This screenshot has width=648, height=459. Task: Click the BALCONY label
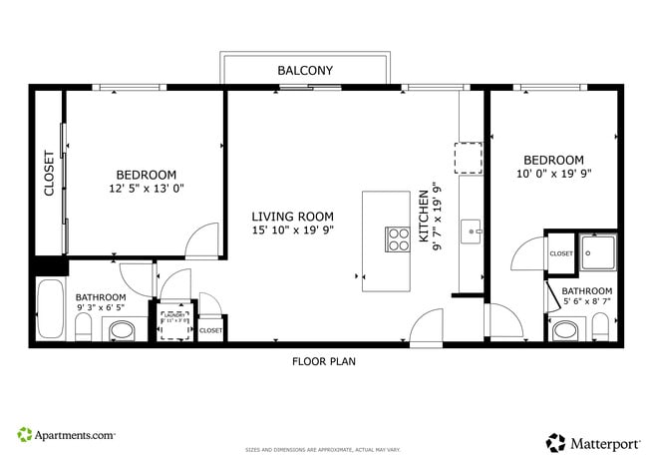[305, 70]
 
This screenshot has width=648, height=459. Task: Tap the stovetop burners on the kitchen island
[398, 239]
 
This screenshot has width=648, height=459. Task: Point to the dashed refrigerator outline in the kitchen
[469, 159]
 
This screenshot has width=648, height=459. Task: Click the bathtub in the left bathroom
[51, 309]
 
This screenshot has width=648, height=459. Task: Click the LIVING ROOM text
[292, 217]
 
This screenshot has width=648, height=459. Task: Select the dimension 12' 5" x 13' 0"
[147, 188]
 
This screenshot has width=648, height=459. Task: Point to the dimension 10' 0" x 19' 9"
[553, 175]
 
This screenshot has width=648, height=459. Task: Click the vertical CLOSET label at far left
[49, 175]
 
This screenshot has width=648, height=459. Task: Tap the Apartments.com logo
[66, 435]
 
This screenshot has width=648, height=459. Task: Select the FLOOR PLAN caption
[323, 361]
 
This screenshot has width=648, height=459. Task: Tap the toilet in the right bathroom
[600, 325]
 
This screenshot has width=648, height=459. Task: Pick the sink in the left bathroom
[123, 329]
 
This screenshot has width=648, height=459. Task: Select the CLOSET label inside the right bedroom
[561, 253]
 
